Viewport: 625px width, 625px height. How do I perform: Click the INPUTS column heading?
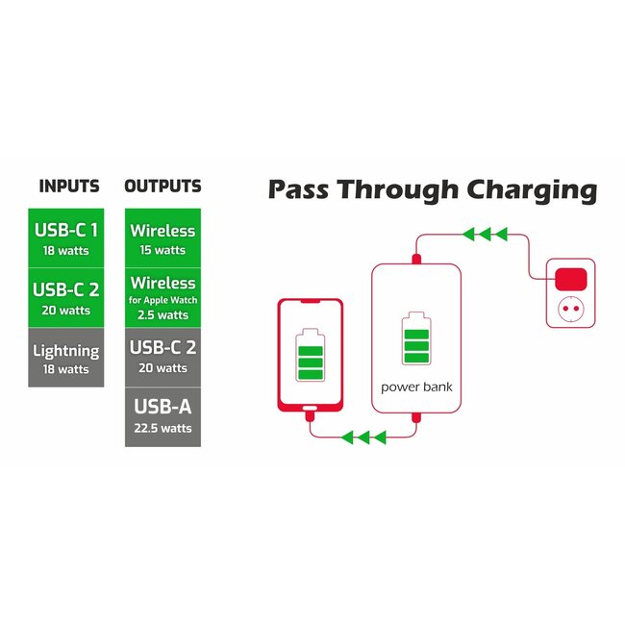69,187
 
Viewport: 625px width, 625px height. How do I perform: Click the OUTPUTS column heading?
162,187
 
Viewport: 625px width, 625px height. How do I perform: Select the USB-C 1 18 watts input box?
66,237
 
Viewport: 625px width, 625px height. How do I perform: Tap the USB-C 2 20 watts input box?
66,298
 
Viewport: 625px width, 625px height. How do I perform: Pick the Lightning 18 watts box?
66,358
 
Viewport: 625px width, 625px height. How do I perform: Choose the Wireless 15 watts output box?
162,237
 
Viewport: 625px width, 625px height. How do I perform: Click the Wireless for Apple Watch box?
162,298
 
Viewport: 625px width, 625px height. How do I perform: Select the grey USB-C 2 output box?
162,358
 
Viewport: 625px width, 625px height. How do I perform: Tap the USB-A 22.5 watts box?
162,417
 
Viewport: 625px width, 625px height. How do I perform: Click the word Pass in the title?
298,189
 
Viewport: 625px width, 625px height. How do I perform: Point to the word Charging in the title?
532,191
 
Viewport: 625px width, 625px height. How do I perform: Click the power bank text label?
416,387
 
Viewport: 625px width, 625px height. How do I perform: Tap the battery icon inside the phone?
311,355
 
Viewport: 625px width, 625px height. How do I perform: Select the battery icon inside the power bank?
416,338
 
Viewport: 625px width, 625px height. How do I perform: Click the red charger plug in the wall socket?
571,279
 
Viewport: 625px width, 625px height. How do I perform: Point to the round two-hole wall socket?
571,308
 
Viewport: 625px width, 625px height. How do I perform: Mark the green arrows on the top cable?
485,234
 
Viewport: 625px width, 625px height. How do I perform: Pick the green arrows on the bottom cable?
363,437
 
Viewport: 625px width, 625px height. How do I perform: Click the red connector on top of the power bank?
416,259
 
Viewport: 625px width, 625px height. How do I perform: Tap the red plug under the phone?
311,416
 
